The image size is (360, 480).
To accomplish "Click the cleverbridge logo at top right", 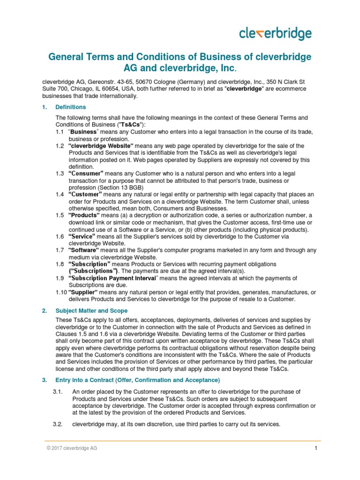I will point(275,34).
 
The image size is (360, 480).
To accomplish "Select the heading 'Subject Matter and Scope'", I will point(91,311).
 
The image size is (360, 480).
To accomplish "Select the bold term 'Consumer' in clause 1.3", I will point(86,173).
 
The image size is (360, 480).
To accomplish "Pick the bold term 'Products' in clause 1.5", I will point(84,215).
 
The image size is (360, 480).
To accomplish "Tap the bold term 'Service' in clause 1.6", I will point(82,237).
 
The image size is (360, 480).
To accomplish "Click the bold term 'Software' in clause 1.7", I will point(84,250).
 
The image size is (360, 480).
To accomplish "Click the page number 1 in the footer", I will point(316,448).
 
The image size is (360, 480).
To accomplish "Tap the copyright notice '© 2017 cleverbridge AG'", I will point(71,448).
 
